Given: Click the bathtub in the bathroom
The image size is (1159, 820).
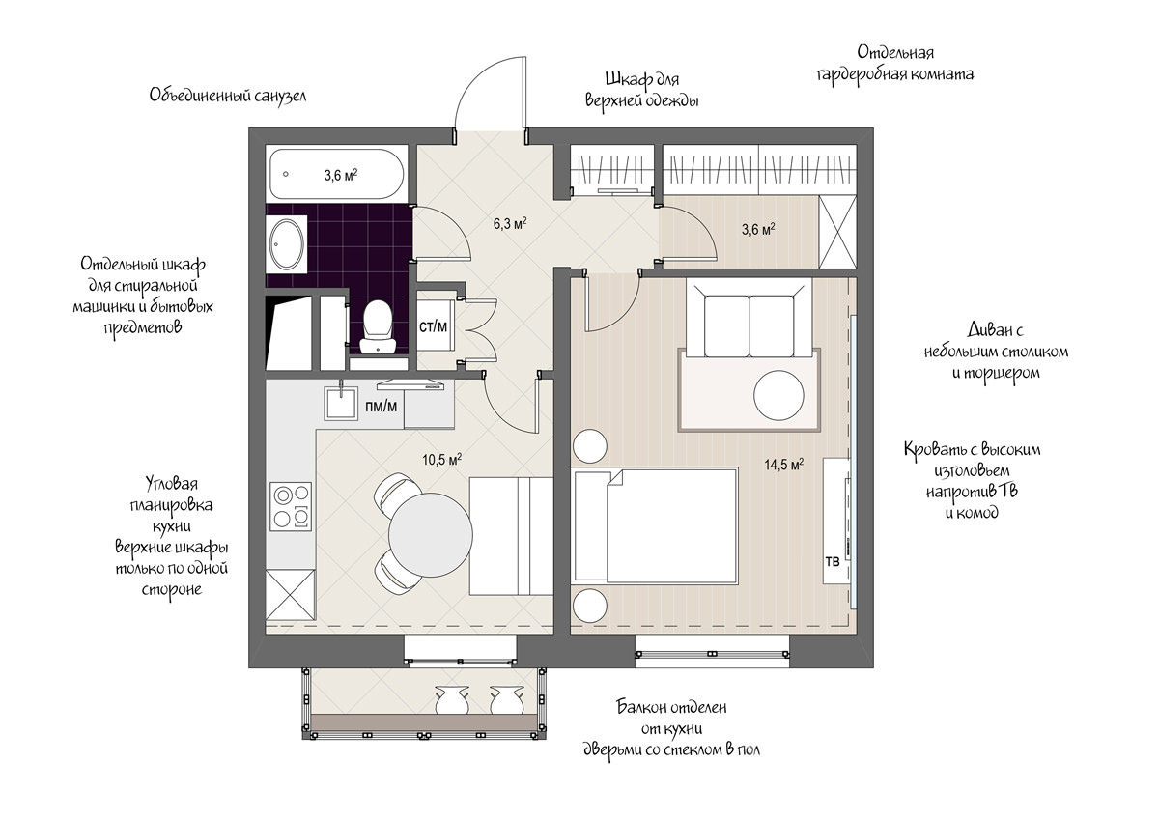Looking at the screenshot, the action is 337,175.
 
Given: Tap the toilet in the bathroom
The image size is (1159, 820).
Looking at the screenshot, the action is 378,327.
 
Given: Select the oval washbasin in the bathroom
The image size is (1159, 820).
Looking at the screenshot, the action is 287,244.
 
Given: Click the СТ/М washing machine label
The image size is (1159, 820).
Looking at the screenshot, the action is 433,326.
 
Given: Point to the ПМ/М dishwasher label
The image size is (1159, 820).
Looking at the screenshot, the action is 381,407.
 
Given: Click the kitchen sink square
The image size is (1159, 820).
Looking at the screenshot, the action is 341,403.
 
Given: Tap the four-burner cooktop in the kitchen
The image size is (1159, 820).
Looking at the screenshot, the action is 291,506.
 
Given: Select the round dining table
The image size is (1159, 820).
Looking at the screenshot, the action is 431,535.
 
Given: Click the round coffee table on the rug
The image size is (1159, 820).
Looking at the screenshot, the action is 778,395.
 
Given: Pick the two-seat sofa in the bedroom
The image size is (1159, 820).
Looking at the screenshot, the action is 749,318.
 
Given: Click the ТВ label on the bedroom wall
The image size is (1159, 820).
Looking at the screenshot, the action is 833,561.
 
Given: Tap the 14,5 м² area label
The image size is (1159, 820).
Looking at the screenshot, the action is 784,464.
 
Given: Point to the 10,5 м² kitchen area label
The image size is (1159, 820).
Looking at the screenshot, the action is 442,460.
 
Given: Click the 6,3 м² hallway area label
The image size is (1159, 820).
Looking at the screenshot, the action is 510,223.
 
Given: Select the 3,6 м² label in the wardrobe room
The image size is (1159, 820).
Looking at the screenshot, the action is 758,229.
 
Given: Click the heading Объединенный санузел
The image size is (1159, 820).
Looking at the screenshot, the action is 228,96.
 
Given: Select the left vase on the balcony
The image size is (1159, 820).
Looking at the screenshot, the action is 452,699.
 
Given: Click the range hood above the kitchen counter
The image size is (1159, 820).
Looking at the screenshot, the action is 410,384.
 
